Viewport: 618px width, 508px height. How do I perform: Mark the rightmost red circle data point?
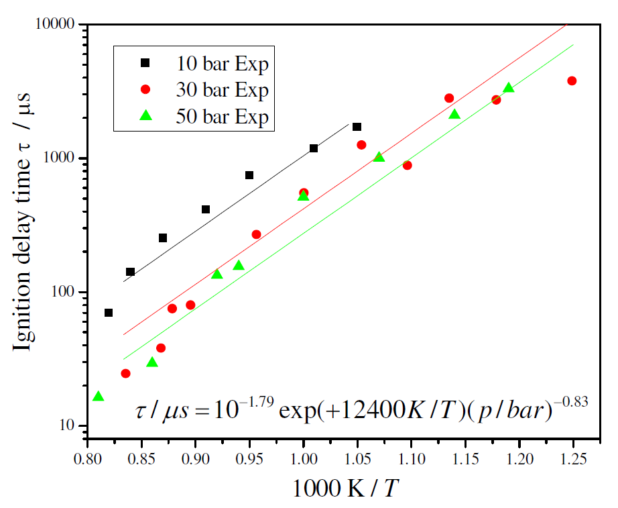572,81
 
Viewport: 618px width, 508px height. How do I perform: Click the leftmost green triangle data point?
99,397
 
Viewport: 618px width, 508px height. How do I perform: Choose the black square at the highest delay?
357,127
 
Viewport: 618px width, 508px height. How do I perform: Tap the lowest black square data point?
109,313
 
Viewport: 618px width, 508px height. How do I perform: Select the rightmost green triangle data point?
509,88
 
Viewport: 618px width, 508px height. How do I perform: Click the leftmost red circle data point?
125,373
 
